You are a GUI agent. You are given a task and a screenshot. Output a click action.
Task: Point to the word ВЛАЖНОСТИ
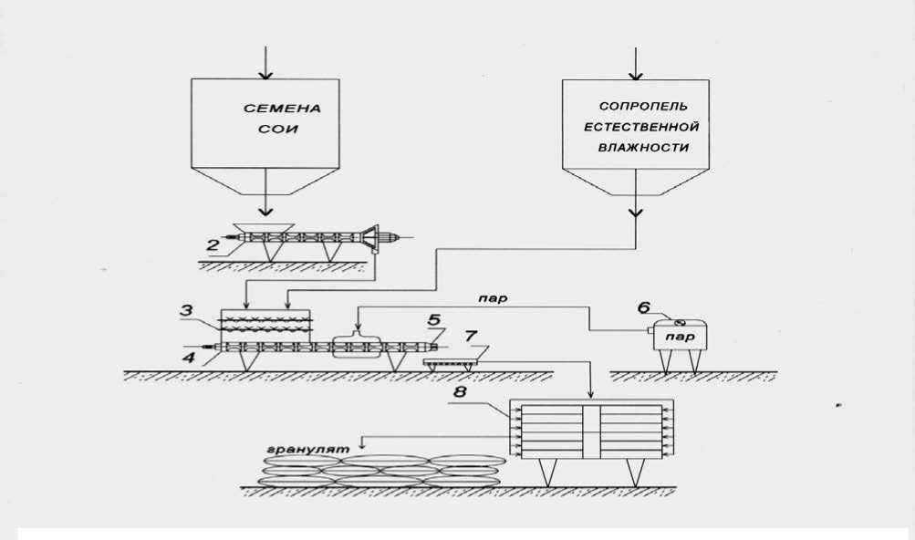pos(637,147)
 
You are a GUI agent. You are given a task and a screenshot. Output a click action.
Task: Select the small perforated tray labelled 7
pos(447,363)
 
